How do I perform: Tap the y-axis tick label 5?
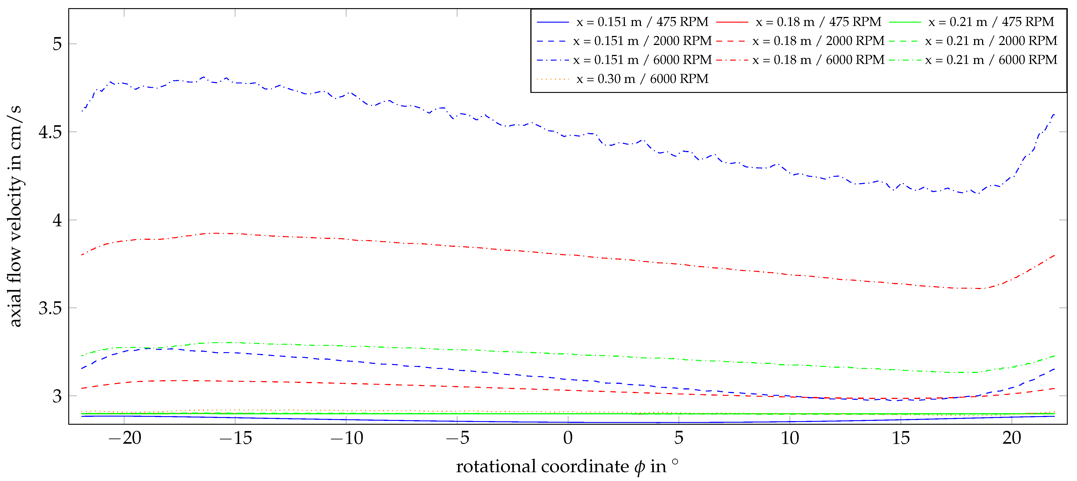57,44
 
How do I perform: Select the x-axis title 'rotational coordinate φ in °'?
567,466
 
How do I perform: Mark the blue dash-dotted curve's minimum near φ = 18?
978,193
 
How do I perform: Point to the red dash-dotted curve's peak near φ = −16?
217,233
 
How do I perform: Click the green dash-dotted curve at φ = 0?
568,354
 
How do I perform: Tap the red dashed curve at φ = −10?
346,383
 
